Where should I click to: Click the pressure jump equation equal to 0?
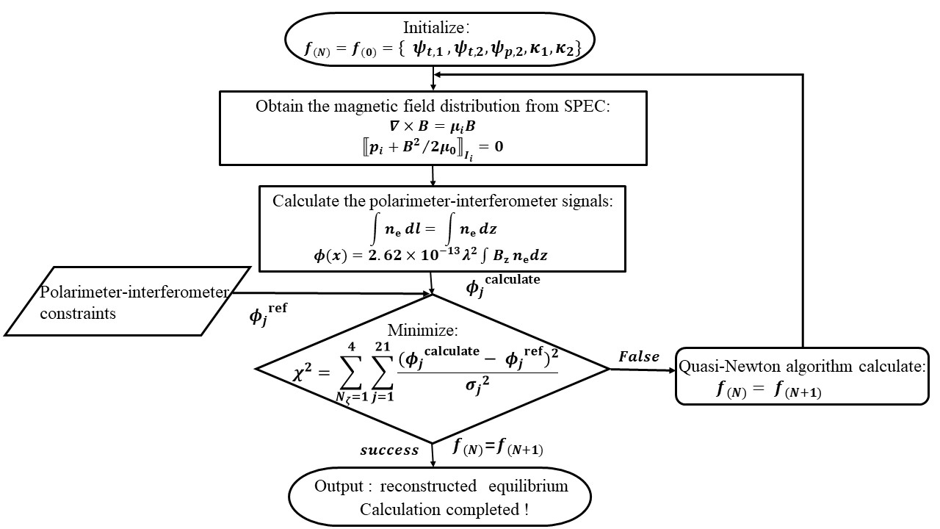[x=434, y=148]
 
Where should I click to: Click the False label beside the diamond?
[x=639, y=356]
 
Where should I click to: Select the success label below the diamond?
[x=389, y=450]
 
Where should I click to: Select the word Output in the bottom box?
[x=340, y=486]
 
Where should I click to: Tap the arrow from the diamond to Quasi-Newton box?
[x=643, y=370]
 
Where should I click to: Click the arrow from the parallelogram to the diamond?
[x=330, y=295]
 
